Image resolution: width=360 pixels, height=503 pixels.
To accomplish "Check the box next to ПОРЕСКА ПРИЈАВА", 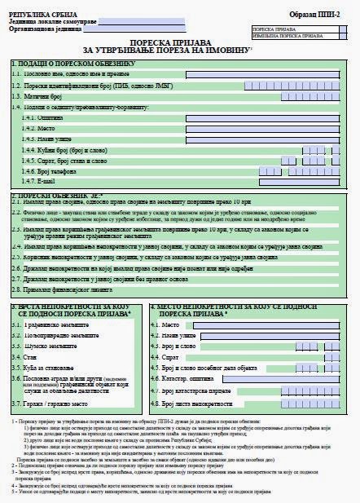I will [x=345, y=29].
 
